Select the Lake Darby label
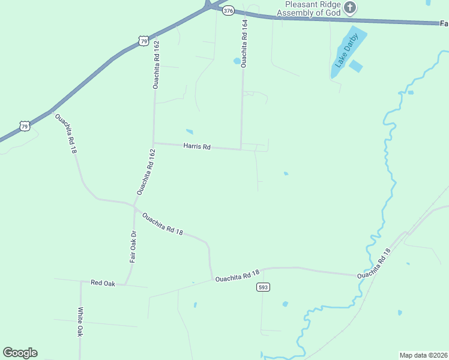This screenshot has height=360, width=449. point(347,51)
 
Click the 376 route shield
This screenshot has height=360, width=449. point(228,11)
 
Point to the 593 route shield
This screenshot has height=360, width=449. point(263,287)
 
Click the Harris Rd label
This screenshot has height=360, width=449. point(197,146)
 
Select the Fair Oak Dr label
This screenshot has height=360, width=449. point(133,247)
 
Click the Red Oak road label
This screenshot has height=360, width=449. point(103,282)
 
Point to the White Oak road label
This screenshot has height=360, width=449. point(80,322)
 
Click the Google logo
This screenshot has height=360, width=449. point(20,353)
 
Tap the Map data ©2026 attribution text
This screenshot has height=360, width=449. point(423,355)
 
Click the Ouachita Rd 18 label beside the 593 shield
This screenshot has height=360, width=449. point(237,277)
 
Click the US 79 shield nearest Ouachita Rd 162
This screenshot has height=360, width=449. point(142,40)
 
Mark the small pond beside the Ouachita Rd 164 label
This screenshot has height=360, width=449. point(237,61)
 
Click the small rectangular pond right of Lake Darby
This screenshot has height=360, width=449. point(356,67)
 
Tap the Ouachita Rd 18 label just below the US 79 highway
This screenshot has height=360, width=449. point(66,133)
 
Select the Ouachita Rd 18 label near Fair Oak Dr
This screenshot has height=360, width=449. point(162,224)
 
